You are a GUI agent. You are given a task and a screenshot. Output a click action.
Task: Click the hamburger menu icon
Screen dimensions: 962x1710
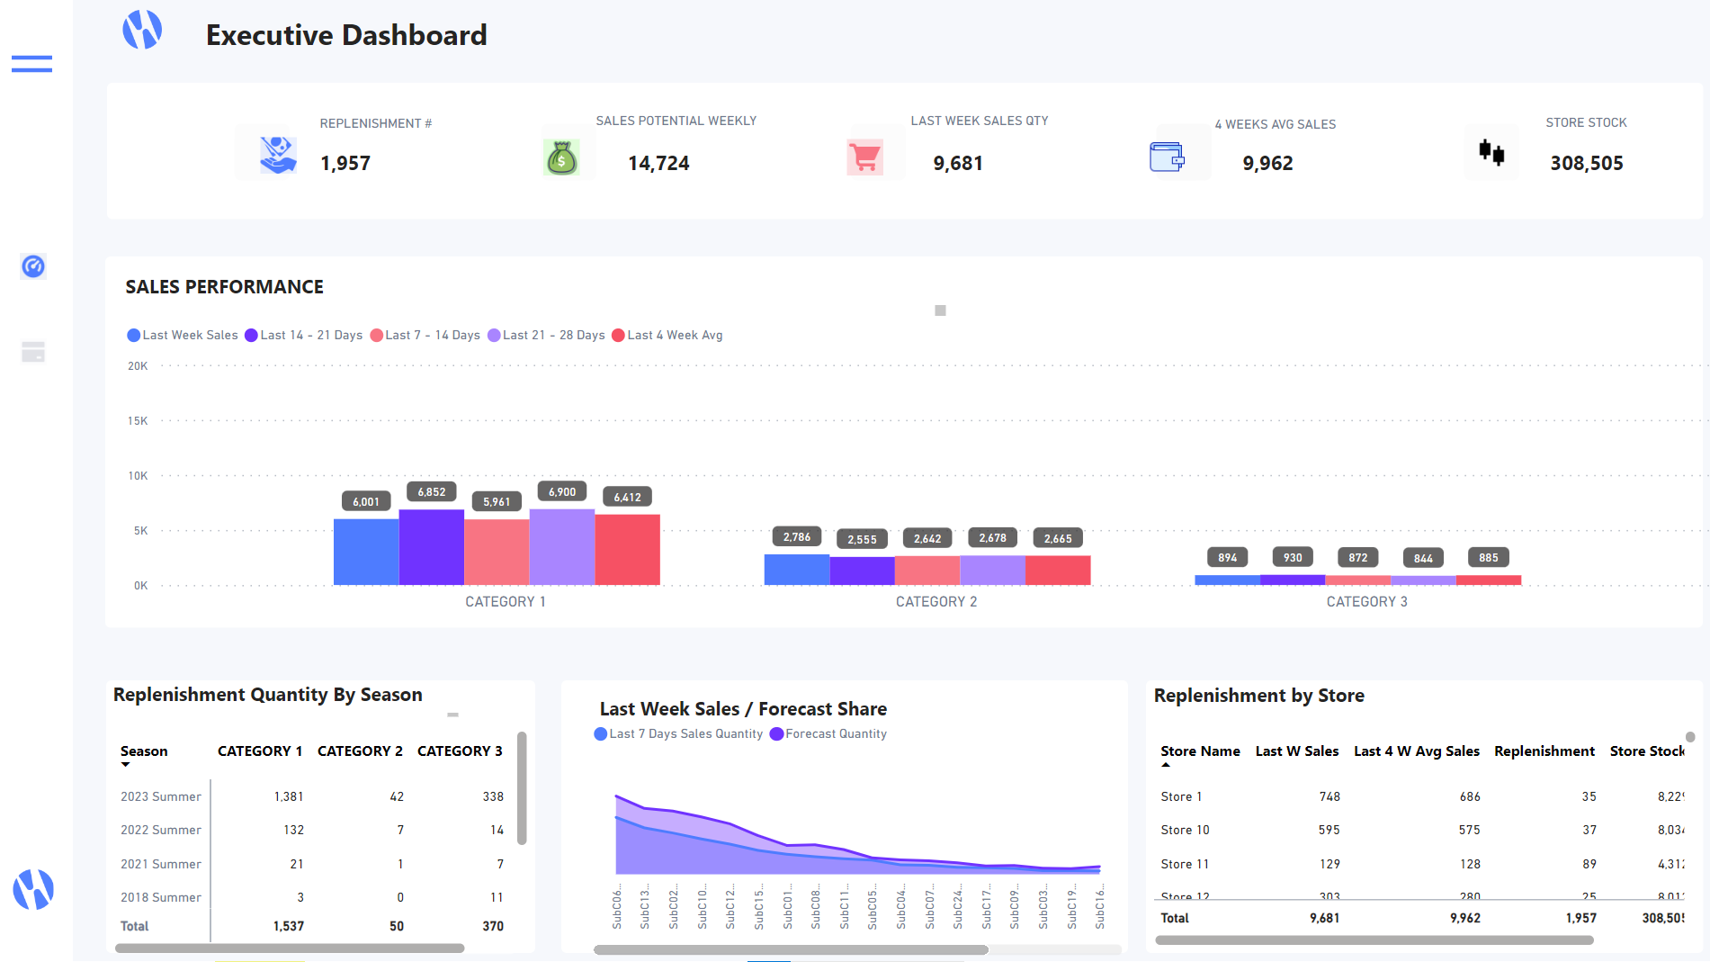[31, 64]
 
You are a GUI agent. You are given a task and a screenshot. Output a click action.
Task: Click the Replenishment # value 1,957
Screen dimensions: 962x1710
[345, 163]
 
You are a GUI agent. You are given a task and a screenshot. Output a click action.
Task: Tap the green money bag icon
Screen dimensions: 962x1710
[561, 158]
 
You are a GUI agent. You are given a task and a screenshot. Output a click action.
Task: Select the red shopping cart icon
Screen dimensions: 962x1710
[864, 157]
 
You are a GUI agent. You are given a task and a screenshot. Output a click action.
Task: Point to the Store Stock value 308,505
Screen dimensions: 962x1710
[1586, 163]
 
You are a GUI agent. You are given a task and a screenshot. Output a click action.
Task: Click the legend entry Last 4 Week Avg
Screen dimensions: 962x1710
[667, 335]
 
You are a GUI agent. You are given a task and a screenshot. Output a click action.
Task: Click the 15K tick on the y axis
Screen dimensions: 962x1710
[138, 420]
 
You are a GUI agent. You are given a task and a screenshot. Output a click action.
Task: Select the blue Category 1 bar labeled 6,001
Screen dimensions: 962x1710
[366, 551]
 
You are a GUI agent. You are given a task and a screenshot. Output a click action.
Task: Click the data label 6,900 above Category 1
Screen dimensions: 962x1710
[562, 491]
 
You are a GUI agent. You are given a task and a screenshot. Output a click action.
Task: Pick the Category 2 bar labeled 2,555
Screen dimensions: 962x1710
[862, 571]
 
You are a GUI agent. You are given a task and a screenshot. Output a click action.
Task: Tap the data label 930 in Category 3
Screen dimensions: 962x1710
[1293, 557]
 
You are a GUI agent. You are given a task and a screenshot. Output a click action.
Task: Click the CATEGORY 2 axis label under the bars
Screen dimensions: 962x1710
[936, 601]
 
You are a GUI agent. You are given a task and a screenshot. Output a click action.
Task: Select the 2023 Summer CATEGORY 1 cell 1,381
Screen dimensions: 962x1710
[288, 796]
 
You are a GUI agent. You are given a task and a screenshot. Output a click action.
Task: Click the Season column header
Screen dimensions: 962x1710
[144, 751]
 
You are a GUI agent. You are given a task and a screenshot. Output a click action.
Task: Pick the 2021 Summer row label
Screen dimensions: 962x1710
[161, 864]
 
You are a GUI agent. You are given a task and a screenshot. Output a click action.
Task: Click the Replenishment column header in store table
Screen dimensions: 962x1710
[1544, 751]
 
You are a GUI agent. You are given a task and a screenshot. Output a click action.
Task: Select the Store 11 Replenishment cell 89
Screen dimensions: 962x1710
[1589, 864]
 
